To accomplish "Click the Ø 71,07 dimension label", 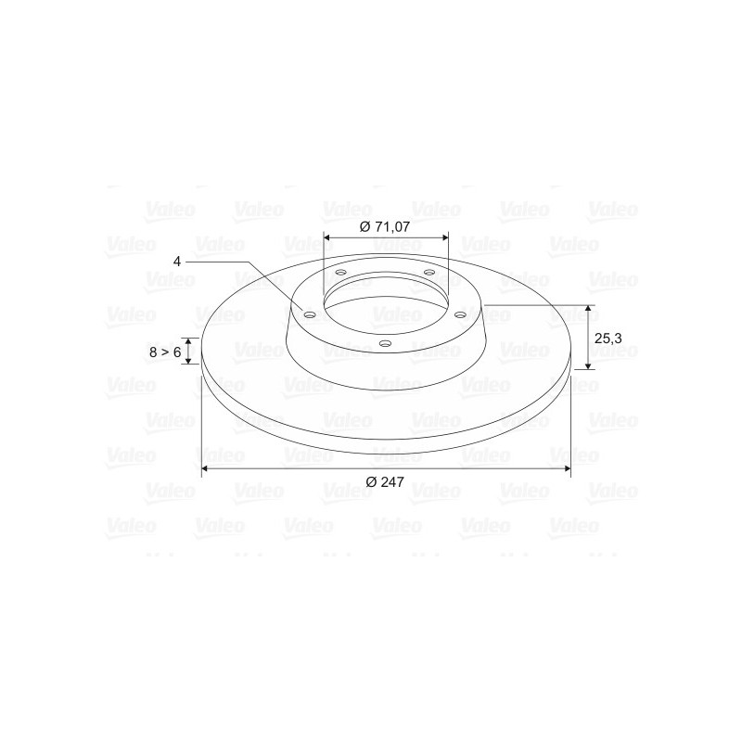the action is [385, 226].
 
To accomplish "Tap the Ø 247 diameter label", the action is [385, 481].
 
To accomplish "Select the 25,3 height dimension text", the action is [608, 339].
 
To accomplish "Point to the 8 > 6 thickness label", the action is [165, 352].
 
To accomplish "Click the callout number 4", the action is [177, 262].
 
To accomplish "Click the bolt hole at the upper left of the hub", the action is [340, 273].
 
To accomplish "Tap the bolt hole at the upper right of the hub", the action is [429, 272].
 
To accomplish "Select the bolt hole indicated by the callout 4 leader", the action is [310, 315].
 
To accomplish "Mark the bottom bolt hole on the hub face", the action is [386, 343].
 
